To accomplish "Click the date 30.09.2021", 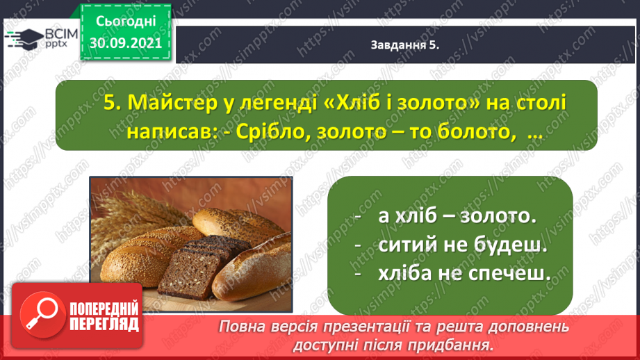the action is click(x=126, y=43).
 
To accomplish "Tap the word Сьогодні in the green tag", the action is click(x=126, y=22).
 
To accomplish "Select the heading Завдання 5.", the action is click(x=404, y=45).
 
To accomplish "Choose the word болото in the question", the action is click(x=473, y=132).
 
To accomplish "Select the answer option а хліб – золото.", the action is click(x=457, y=216).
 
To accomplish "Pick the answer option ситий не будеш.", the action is click(x=462, y=245).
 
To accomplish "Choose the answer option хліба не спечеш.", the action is click(x=464, y=273).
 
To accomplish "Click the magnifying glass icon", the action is click(x=42, y=315).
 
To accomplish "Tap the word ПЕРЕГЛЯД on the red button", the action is click(x=104, y=325).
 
